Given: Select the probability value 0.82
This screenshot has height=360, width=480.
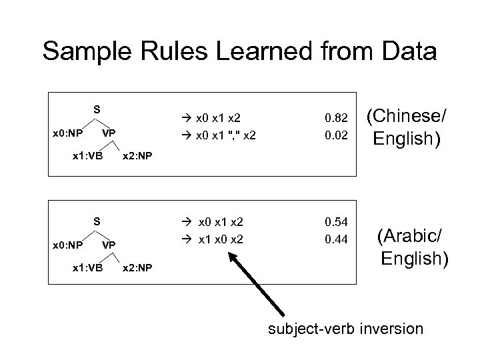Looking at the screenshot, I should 336,118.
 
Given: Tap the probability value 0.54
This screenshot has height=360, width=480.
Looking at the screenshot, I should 336,221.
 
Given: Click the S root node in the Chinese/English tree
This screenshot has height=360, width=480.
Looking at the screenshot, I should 97,109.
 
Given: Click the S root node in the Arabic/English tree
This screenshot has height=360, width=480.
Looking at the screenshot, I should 97,220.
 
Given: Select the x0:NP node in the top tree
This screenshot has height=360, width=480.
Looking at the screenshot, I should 68,133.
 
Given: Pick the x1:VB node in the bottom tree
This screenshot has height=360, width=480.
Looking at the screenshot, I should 87,268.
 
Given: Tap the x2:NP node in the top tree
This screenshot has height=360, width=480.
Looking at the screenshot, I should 137,156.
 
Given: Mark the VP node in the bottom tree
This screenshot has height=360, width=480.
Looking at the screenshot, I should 109,245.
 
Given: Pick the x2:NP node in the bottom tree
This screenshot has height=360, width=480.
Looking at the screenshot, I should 137,268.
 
